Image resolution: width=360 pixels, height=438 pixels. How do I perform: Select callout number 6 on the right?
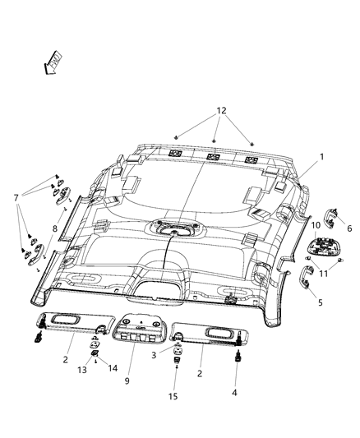[348, 229]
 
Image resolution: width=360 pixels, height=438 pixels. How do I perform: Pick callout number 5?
[319, 302]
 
